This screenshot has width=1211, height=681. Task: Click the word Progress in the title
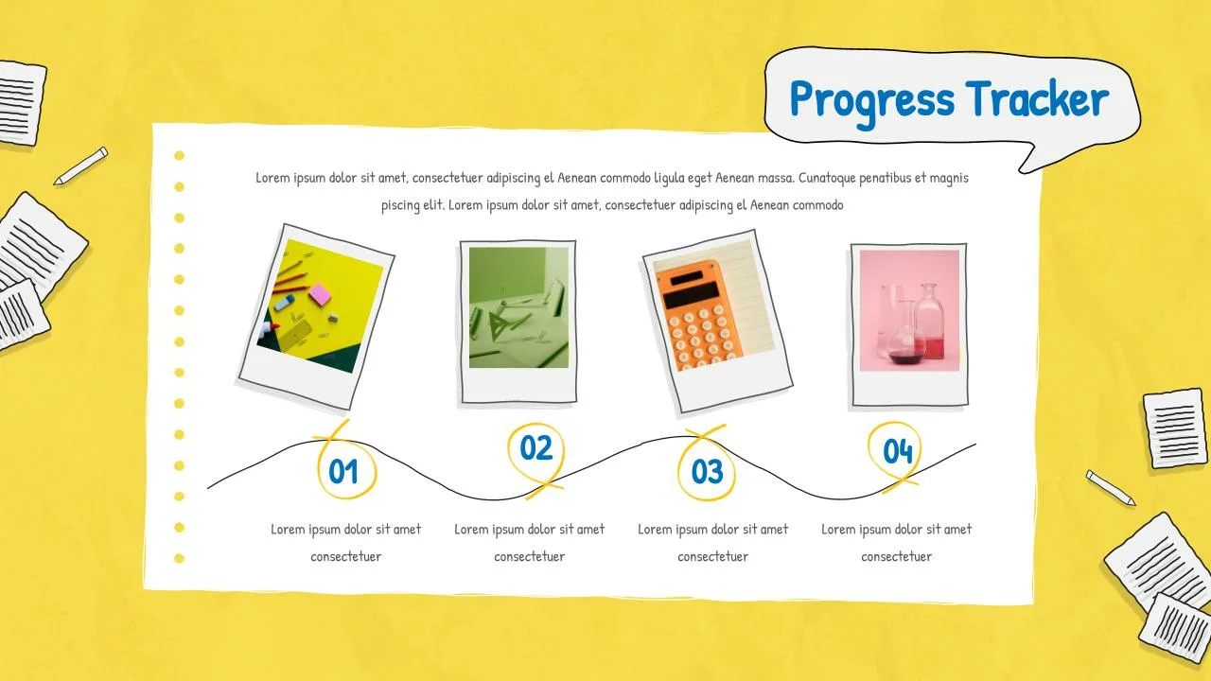[871, 101]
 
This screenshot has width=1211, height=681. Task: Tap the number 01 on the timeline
[343, 471]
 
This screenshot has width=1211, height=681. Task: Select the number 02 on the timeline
[536, 447]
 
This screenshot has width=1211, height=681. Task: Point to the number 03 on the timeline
[707, 471]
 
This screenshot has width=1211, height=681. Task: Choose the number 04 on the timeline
[898, 451]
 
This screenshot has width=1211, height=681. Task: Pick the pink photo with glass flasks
[909, 310]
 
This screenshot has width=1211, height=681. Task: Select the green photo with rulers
[518, 307]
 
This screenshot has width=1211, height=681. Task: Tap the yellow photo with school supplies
[321, 306]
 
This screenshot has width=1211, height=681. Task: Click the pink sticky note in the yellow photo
[320, 294]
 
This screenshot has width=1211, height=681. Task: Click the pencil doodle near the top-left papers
[80, 166]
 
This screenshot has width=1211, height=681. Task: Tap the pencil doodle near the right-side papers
[1111, 487]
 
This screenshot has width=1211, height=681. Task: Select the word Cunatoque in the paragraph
[827, 178]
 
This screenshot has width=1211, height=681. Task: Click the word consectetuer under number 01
[345, 556]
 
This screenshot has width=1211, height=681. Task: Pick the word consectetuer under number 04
[896, 556]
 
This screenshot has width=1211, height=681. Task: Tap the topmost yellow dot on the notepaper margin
[180, 156]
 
